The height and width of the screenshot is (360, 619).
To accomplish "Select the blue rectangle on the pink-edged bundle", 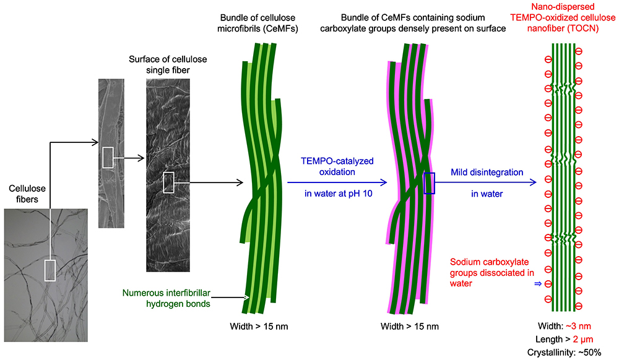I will pyautogui.click(x=430, y=183).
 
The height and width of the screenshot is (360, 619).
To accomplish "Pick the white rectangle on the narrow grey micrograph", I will pyautogui.click(x=108, y=157).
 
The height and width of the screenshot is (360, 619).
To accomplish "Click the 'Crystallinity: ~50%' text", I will pyautogui.click(x=563, y=352).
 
